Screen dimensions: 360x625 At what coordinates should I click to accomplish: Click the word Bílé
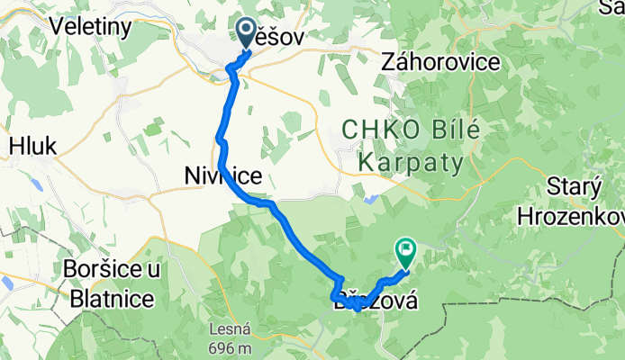454,131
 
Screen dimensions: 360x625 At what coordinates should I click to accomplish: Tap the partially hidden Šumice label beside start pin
279,37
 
